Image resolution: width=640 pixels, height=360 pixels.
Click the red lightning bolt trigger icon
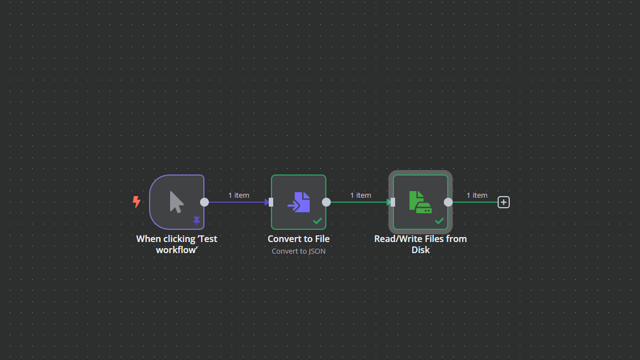click(x=136, y=202)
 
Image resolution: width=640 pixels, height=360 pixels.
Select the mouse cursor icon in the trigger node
click(x=176, y=202)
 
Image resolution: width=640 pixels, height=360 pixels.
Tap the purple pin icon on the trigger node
click(x=197, y=220)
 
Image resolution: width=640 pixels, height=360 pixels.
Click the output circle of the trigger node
click(x=204, y=202)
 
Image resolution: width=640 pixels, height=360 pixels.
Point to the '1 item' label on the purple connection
click(x=239, y=195)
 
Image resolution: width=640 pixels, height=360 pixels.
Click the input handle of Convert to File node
click(x=270, y=202)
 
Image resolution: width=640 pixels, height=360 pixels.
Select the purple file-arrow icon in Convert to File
click(x=299, y=202)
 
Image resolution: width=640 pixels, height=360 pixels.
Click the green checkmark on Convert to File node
click(x=318, y=220)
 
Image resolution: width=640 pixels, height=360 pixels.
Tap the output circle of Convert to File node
click(x=326, y=202)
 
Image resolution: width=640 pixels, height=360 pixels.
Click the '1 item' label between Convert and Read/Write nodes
click(x=361, y=195)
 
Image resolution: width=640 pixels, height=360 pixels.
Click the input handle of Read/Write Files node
click(x=392, y=202)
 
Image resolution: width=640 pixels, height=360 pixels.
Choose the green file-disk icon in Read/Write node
click(x=420, y=202)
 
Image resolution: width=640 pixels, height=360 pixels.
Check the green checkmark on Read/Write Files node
click(x=439, y=220)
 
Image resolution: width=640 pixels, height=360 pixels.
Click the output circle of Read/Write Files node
click(x=448, y=202)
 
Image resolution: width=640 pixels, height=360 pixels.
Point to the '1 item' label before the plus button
click(x=477, y=195)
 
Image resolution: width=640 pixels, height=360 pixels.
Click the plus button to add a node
click(x=503, y=202)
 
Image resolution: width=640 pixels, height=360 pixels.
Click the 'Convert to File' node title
click(x=299, y=239)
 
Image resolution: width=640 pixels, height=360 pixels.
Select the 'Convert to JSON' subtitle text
click(x=299, y=251)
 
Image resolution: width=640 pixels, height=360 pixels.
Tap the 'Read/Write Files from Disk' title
click(x=421, y=244)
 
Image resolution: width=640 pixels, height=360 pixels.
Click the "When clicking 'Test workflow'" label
click(x=177, y=244)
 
